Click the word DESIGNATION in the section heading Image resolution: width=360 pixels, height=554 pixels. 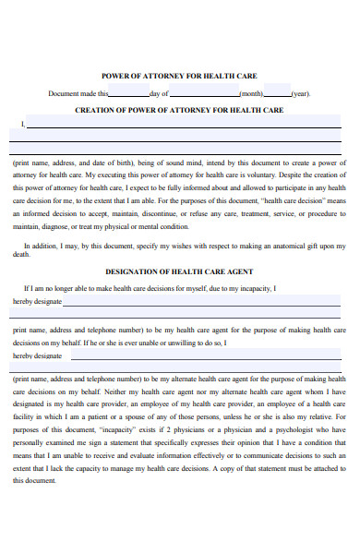(x=128, y=271)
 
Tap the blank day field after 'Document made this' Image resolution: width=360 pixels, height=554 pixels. (x=128, y=94)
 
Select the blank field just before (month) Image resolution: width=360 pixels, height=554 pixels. (x=204, y=94)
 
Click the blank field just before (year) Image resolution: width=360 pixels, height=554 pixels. (x=277, y=94)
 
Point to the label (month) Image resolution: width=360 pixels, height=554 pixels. (x=251, y=94)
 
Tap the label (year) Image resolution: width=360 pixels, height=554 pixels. (x=301, y=94)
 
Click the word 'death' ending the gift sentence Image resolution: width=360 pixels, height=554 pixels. (x=20, y=256)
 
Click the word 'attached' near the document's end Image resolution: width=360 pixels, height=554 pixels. (x=319, y=468)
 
